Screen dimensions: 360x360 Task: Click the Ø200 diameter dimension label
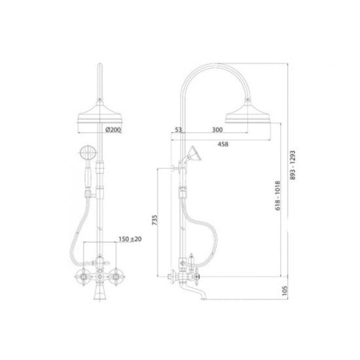[x=114, y=130]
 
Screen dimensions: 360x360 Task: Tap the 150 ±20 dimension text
[x=130, y=239]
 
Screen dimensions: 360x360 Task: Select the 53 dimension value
[x=178, y=130]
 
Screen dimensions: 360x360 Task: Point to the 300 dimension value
[x=218, y=130]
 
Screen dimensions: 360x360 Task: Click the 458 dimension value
[x=223, y=144]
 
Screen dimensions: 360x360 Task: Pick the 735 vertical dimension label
[x=155, y=220]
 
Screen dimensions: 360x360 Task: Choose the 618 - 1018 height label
[x=278, y=196]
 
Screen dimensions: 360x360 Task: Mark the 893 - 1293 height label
[x=293, y=165]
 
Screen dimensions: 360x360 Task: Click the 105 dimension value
[x=285, y=290]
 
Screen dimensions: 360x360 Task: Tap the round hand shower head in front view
[x=88, y=153]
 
